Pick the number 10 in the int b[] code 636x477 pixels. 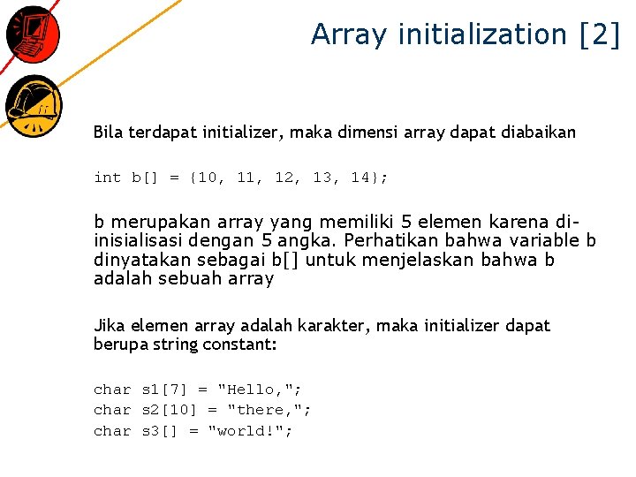click(210, 178)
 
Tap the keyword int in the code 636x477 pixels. click(107, 178)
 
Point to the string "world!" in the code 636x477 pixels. click(250, 431)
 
